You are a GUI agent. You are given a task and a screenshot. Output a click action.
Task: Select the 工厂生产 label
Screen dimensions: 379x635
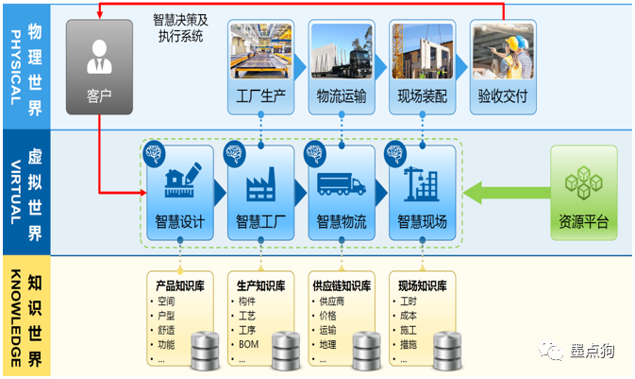pyautogui.click(x=260, y=95)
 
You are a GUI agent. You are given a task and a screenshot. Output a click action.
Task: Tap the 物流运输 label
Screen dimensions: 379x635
pyautogui.click(x=342, y=95)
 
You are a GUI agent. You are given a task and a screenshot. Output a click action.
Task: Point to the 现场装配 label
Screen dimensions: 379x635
pyautogui.click(x=423, y=95)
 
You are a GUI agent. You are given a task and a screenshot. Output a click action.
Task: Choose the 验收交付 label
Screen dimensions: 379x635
pyautogui.click(x=503, y=95)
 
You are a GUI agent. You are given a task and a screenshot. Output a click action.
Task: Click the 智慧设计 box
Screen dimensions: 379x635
pyautogui.click(x=179, y=195)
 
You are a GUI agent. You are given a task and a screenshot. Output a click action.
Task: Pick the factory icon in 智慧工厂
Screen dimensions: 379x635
pyautogui.click(x=260, y=183)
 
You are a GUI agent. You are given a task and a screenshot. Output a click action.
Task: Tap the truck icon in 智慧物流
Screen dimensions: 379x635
pyautogui.click(x=342, y=183)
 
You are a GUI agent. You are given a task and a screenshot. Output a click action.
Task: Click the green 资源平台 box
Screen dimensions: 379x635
pyautogui.click(x=584, y=193)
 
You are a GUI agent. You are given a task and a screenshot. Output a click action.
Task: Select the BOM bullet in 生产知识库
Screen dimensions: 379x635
pyautogui.click(x=249, y=345)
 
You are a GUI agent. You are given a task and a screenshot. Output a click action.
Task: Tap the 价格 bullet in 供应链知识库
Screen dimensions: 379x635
pyautogui.click(x=328, y=316)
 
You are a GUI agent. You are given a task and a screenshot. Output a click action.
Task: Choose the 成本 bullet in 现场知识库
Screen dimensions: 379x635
pyautogui.click(x=409, y=316)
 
